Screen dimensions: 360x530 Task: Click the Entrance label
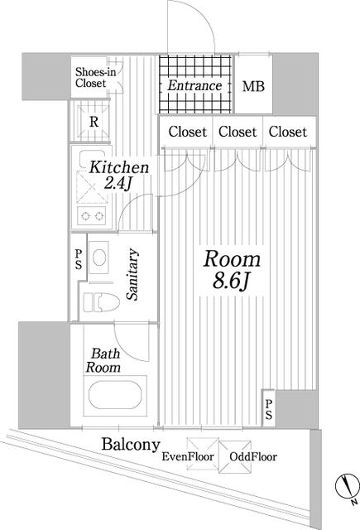(x=194, y=85)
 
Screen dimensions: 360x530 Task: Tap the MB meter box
(x=253, y=84)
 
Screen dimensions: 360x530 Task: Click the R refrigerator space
(x=94, y=122)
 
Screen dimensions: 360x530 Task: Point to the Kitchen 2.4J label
(x=119, y=176)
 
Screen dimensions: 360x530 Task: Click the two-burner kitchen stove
(x=92, y=215)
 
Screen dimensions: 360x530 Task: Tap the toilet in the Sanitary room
(x=101, y=301)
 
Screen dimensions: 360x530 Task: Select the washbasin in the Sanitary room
(x=99, y=258)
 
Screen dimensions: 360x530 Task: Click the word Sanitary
(x=132, y=274)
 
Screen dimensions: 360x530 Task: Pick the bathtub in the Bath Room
(x=115, y=396)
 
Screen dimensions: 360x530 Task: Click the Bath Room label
(x=103, y=361)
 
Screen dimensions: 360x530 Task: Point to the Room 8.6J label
(x=232, y=270)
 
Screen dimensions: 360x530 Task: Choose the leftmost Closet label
(x=187, y=132)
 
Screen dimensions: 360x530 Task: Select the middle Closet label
(x=238, y=132)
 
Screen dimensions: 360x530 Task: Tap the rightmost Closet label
(x=288, y=132)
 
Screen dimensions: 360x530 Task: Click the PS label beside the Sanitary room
(x=79, y=259)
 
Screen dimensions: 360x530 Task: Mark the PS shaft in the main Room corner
(x=269, y=409)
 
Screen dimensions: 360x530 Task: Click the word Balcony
(x=131, y=445)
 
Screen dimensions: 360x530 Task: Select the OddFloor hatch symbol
(x=235, y=456)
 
